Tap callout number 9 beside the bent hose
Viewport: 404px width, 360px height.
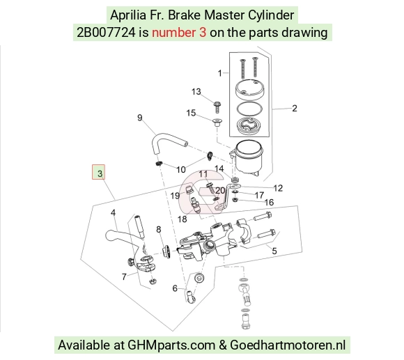click(139, 118)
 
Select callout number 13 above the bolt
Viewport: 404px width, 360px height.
click(196, 92)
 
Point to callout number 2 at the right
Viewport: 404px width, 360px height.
click(295, 108)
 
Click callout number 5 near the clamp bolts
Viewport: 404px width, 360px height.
click(274, 251)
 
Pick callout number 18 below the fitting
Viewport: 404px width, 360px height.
click(182, 219)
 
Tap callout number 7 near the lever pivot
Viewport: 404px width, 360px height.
click(124, 277)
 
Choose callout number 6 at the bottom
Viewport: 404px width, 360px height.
click(175, 288)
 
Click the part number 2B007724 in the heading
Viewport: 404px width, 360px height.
click(106, 33)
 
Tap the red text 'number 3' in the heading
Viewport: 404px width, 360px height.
click(179, 33)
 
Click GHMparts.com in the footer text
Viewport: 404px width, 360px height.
click(171, 345)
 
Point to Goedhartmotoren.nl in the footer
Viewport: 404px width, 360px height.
click(288, 345)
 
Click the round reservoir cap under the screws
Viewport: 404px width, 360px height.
click(249, 90)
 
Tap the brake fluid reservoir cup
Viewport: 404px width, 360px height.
click(248, 157)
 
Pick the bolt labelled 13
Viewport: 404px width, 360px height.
click(217, 107)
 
